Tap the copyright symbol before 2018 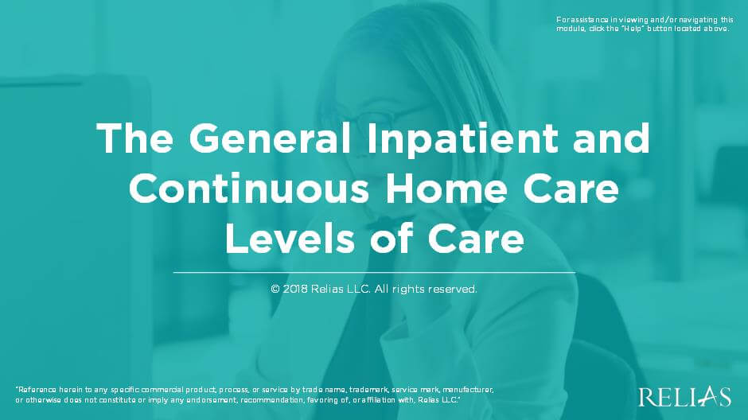click(x=275, y=290)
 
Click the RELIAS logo click(x=684, y=396)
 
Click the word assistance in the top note click(x=590, y=19)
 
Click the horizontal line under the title click(x=374, y=273)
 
